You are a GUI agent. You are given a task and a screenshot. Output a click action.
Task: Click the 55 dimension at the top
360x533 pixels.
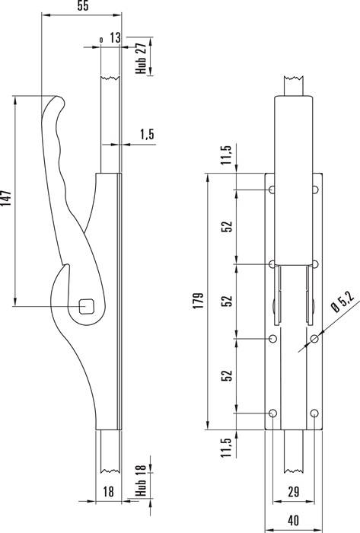[x=83, y=6]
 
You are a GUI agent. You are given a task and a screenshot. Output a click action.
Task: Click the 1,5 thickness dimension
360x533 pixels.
[x=147, y=134]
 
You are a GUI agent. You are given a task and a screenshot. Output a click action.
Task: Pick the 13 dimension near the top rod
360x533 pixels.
[x=115, y=37]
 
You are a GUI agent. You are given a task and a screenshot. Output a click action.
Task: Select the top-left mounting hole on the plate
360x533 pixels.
[x=272, y=190]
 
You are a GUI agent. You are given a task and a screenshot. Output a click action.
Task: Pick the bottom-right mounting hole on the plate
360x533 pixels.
[x=314, y=413]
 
